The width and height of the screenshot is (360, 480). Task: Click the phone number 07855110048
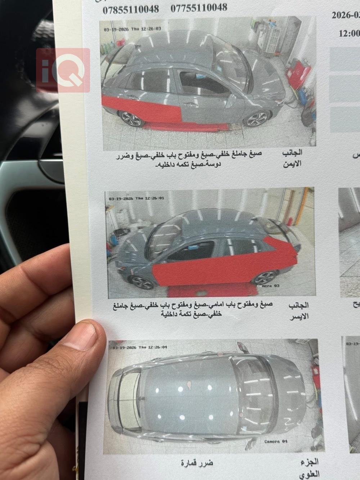(131, 9)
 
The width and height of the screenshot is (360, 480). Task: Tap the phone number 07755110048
(199, 8)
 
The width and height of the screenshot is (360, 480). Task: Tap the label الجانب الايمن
(292, 158)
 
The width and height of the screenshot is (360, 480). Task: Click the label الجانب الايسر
(298, 311)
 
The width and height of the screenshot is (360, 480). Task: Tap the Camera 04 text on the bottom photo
(276, 441)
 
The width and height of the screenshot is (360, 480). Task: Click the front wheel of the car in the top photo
(256, 119)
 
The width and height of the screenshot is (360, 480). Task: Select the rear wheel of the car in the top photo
(131, 119)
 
